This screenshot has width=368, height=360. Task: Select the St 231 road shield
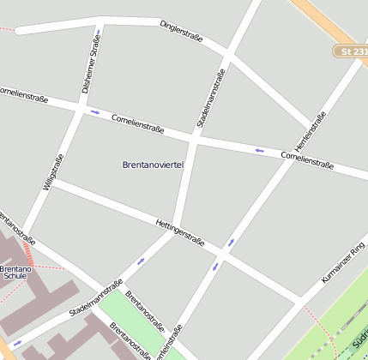(x=350, y=52)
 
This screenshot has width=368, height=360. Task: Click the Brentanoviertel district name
(x=153, y=164)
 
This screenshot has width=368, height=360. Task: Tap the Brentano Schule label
(x=15, y=273)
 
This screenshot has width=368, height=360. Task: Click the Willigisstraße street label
(x=53, y=172)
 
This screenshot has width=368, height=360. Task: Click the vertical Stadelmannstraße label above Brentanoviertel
(x=212, y=99)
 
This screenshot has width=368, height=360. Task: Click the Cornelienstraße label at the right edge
(x=308, y=159)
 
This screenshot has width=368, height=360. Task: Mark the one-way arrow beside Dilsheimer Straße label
(x=98, y=37)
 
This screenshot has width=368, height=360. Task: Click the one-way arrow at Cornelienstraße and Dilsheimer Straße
(x=94, y=112)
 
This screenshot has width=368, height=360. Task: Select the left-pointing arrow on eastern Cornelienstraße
(x=259, y=151)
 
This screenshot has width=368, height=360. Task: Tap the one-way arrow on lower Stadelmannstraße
(x=140, y=261)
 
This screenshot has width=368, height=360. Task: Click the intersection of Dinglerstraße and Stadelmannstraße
(x=227, y=57)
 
